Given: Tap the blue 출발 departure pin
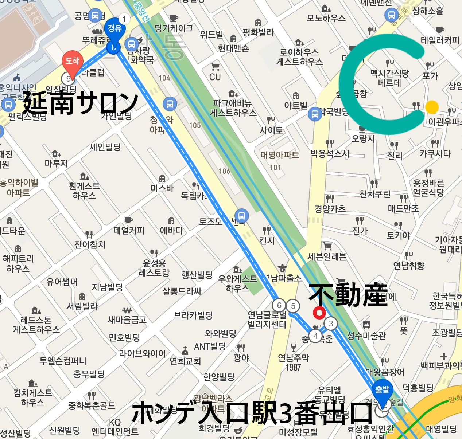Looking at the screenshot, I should point(382,391).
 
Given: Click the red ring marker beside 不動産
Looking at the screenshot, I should point(319,313).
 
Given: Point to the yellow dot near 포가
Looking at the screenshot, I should point(432,107).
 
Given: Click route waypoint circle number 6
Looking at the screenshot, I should point(279,305).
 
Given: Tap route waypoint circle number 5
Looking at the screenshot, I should point(293,306).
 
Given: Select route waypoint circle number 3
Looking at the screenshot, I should point(331,323).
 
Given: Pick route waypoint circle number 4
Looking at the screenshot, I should point(315,336).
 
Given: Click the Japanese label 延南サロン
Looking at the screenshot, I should point(81,103).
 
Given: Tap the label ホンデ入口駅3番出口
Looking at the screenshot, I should point(252,413).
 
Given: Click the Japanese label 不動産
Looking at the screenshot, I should point(348,295).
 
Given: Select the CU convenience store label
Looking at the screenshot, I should point(215,77).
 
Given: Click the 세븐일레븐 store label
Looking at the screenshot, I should point(327,257).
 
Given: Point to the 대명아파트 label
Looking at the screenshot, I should point(279,155).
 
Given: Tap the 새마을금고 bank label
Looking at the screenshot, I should point(127,320).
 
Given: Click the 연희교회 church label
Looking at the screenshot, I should point(185,361).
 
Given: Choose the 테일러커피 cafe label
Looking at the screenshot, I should point(440,40).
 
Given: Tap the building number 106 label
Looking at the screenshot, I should point(224,171).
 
